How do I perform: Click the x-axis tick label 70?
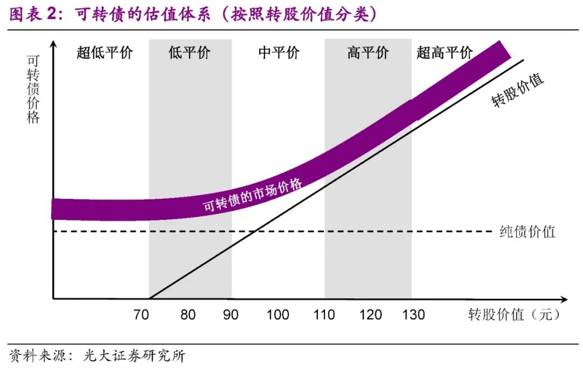(141, 314)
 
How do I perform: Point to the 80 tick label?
(188, 314)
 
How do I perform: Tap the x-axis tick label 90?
(231, 314)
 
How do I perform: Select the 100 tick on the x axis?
(277, 314)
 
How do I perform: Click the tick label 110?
(324, 314)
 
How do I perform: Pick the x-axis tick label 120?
(370, 314)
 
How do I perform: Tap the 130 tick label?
(413, 314)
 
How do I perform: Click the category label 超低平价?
(104, 53)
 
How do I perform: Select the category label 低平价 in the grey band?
(189, 53)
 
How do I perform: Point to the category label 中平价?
(279, 53)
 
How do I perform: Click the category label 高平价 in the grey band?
(368, 53)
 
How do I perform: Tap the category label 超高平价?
(445, 53)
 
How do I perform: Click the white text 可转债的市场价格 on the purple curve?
(252, 195)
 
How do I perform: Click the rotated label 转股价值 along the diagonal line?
(518, 90)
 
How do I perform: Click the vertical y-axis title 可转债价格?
(33, 89)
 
